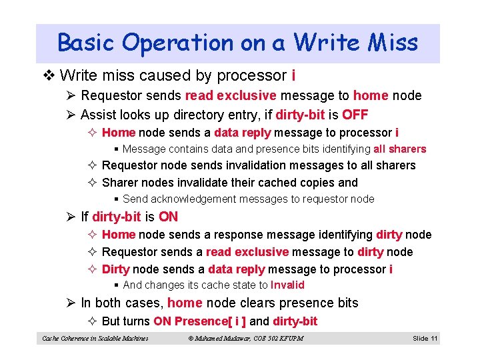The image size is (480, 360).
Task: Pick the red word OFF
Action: (355, 114)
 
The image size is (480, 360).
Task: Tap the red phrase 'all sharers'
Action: (399, 149)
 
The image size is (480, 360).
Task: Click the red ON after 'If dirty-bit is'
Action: (168, 217)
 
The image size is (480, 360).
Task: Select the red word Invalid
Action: (287, 285)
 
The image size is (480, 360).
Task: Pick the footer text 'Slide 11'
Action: (425, 339)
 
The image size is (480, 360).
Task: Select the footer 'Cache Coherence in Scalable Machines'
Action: (95, 339)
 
